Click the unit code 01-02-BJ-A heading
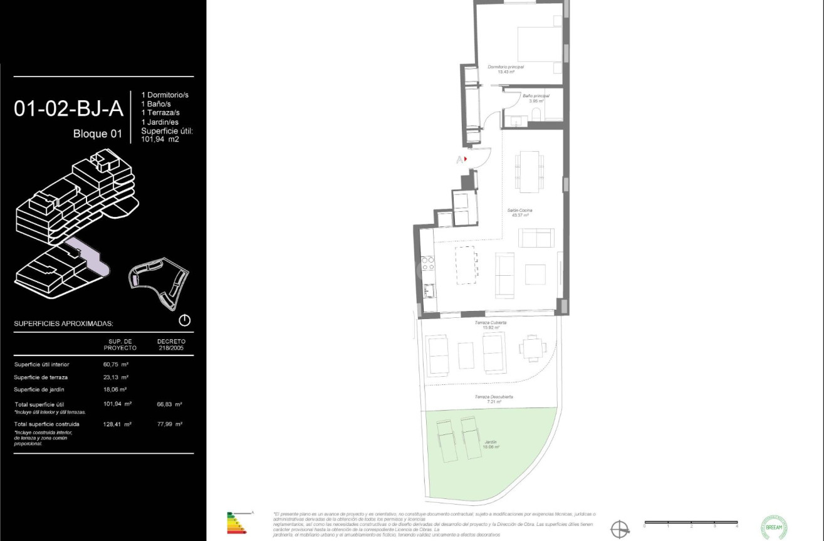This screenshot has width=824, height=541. click(x=68, y=108)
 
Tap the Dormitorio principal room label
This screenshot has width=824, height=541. click(x=506, y=69)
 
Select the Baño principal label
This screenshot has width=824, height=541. click(x=536, y=98)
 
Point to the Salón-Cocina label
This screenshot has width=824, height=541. click(x=520, y=213)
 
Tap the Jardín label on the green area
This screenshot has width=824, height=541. click(x=491, y=444)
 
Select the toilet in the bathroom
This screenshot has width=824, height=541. click(x=536, y=113)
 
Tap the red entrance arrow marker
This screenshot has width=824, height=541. click(x=466, y=159)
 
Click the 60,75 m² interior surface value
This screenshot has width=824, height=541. click(x=116, y=364)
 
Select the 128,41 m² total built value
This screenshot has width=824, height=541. click(x=117, y=424)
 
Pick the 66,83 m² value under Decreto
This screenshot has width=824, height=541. click(x=169, y=404)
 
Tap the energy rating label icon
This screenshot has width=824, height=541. click(x=237, y=523)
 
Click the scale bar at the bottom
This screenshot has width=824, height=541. click(x=691, y=522)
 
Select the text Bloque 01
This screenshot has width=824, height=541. click(x=98, y=134)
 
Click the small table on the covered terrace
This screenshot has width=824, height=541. click(x=466, y=355)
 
